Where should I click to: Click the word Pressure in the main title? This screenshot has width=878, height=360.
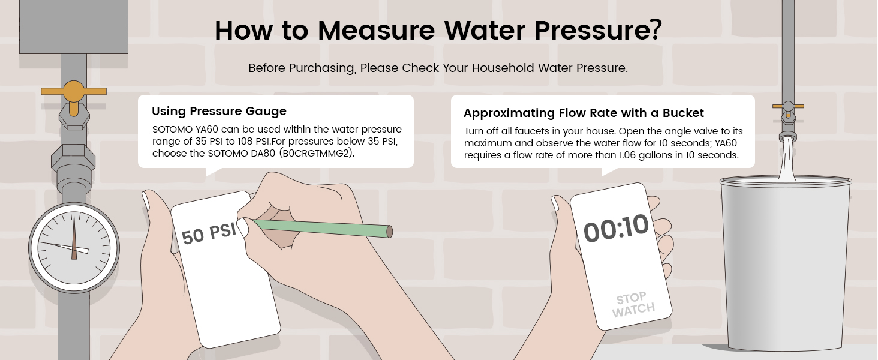pyautogui.click(x=588, y=30)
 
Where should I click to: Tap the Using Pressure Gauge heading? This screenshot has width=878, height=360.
pyautogui.click(x=219, y=111)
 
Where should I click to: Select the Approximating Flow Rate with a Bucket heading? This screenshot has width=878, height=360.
pyautogui.click(x=584, y=113)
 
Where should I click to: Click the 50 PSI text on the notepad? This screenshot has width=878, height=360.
pyautogui.click(x=209, y=234)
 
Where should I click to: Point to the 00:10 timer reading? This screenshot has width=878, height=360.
pyautogui.click(x=616, y=228)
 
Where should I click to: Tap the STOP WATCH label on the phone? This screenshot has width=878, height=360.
pyautogui.click(x=633, y=305)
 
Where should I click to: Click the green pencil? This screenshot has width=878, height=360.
pyautogui.click(x=321, y=228)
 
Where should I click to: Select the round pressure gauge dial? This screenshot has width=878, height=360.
pyautogui.click(x=74, y=248)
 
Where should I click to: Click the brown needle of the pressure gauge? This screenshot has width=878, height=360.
pyautogui.click(x=74, y=237)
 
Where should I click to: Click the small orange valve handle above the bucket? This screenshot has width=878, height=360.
pyautogui.click(x=788, y=106)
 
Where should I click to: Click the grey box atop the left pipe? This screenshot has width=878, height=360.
pyautogui.click(x=74, y=26)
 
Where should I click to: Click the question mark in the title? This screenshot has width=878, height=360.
pyautogui.click(x=654, y=29)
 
